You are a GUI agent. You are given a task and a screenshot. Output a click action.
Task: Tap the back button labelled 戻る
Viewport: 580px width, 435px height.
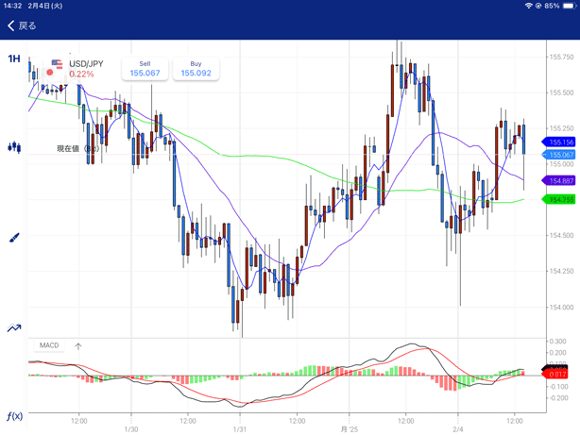pyautogui.click(x=23, y=25)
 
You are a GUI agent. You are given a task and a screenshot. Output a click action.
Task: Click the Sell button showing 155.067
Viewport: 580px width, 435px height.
pyautogui.click(x=145, y=69)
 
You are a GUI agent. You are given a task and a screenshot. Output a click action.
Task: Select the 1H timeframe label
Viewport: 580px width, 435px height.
pyautogui.click(x=14, y=59)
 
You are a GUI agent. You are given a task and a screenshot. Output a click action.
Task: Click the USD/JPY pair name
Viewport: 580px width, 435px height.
pyautogui.click(x=86, y=64)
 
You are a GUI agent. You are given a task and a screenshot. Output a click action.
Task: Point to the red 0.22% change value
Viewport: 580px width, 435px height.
pyautogui.click(x=81, y=75)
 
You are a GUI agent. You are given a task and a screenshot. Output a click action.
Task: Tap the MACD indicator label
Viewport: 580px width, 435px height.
pyautogui.click(x=49, y=345)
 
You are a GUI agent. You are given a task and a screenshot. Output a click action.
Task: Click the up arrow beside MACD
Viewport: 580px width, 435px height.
pyautogui.click(x=78, y=346)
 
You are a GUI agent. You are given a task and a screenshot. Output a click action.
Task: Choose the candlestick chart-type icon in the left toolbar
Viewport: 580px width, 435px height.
pyautogui.click(x=14, y=147)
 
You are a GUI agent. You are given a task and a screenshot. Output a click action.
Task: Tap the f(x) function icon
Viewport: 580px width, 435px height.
pyautogui.click(x=14, y=416)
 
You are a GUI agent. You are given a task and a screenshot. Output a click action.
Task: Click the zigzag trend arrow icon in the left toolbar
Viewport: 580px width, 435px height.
pyautogui.click(x=14, y=327)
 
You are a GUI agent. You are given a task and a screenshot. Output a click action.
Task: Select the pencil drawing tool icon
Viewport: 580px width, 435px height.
pyautogui.click(x=14, y=238)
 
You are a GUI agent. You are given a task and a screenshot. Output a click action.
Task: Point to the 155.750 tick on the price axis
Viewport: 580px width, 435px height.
pyautogui.click(x=561, y=58)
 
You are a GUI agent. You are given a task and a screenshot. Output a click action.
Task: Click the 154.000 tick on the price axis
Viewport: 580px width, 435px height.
pyautogui.click(x=561, y=307)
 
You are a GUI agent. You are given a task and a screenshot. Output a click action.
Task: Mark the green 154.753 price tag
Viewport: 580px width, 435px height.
pyautogui.click(x=561, y=199)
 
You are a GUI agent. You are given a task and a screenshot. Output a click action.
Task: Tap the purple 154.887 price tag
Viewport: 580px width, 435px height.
pyautogui.click(x=561, y=180)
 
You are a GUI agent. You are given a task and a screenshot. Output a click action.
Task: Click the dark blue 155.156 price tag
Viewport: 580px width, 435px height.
pyautogui.click(x=561, y=142)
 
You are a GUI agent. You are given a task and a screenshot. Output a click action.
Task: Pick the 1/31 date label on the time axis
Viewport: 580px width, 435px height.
pyautogui.click(x=240, y=428)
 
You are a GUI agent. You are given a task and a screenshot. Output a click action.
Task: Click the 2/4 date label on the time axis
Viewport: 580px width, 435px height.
pyautogui.click(x=458, y=428)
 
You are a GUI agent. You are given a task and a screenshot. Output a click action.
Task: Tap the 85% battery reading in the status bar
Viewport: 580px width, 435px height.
pyautogui.click(x=552, y=6)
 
